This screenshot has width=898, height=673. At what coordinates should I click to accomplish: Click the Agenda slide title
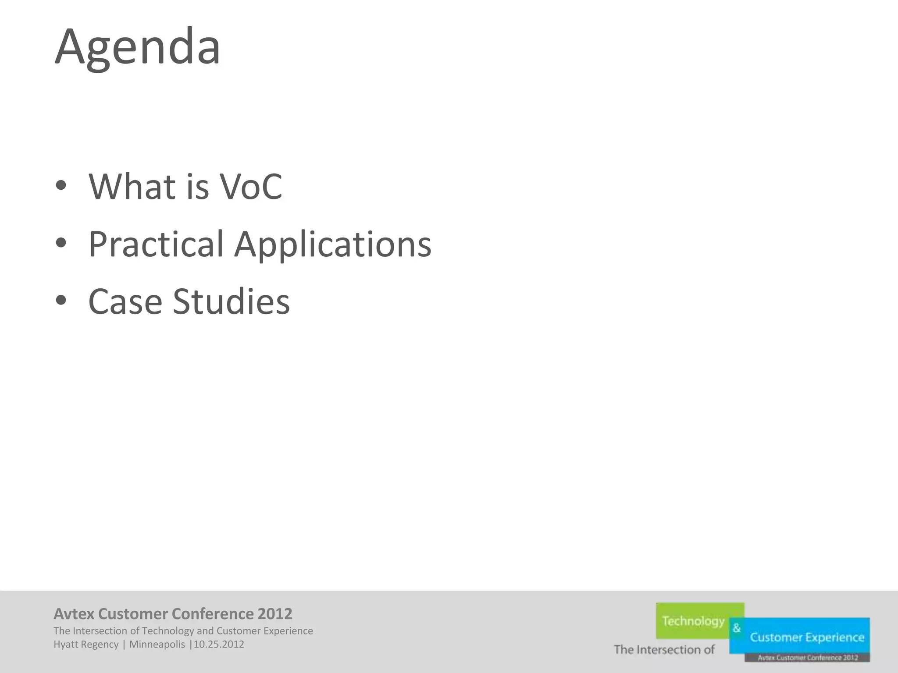137,47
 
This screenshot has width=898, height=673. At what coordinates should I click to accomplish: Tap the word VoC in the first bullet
251,187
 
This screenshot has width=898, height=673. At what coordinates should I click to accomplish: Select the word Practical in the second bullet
156,244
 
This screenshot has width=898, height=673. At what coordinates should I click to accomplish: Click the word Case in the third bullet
125,302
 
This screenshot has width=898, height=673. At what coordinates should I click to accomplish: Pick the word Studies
231,302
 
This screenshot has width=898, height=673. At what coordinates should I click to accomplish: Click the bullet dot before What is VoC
61,186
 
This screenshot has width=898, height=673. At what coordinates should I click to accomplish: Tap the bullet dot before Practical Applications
61,243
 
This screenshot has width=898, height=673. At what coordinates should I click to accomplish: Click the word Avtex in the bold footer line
74,614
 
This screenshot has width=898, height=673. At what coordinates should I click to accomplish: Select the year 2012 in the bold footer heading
275,614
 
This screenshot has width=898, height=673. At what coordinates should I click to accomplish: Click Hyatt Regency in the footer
86,645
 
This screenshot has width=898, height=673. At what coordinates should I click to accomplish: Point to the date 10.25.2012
219,645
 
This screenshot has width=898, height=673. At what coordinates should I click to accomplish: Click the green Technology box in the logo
693,621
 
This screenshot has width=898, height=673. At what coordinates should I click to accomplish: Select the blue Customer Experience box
807,637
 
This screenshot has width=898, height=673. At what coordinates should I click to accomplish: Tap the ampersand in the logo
737,628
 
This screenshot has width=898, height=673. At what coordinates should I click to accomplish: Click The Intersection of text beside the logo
664,649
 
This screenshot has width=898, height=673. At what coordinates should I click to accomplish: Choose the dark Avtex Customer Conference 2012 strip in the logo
807,658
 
